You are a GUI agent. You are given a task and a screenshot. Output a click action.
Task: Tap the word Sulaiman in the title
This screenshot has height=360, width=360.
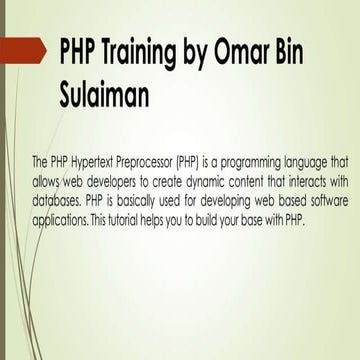(107, 96)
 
